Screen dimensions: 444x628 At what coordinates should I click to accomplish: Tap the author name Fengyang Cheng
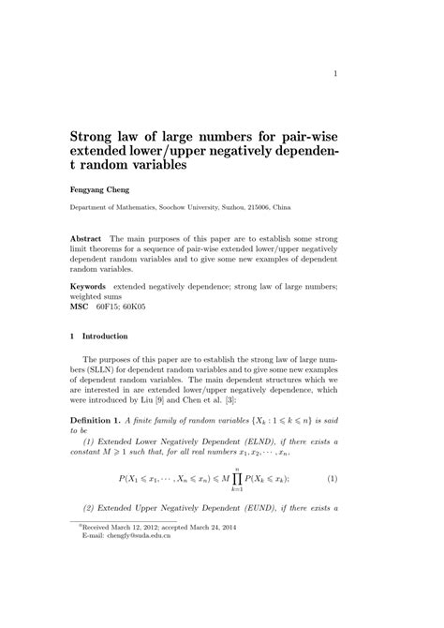click(x=102, y=188)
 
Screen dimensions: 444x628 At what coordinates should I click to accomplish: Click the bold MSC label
click(x=81, y=307)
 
